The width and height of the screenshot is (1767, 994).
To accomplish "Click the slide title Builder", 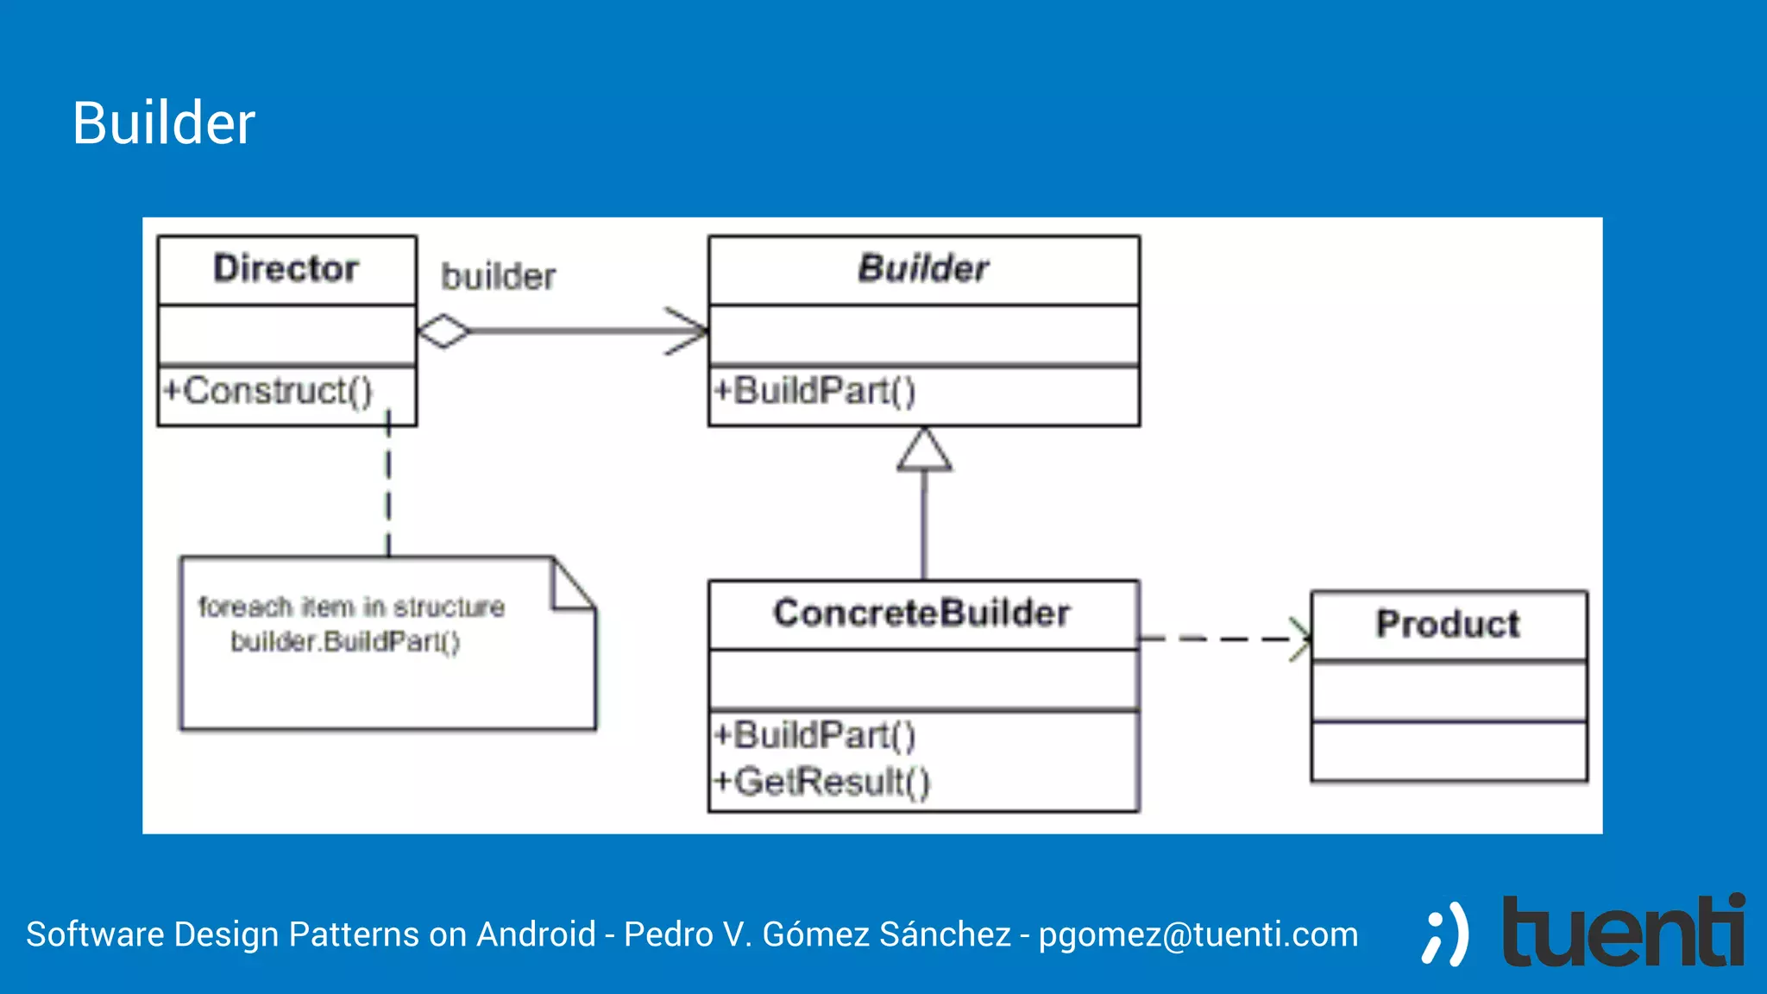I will click(163, 123).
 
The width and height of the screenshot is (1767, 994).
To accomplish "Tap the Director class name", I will click(286, 269).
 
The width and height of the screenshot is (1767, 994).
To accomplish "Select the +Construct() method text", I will click(268, 391).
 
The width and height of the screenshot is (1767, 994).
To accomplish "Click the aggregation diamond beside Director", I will click(443, 331).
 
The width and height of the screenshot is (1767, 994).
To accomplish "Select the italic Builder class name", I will click(922, 269).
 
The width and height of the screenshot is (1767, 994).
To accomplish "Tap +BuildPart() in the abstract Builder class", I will click(815, 391).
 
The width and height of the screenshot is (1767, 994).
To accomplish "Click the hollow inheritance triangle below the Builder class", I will click(924, 451).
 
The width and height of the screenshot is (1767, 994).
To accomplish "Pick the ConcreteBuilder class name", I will click(921, 613).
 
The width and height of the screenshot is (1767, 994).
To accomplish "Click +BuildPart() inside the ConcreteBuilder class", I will click(815, 735).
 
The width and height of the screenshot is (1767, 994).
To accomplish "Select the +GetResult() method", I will click(822, 782).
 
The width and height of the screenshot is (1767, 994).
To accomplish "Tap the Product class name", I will click(1448, 624).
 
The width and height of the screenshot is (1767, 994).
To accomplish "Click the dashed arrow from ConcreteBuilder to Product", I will click(1225, 639).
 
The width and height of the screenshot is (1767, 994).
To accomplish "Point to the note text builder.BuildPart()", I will click(345, 642).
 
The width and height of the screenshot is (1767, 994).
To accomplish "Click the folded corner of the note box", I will click(570, 586).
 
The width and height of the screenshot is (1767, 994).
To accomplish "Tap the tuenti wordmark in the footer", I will click(1623, 932).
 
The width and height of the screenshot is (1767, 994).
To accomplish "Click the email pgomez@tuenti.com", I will click(1198, 934).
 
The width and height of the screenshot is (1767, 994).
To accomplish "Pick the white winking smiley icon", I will click(1445, 934).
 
